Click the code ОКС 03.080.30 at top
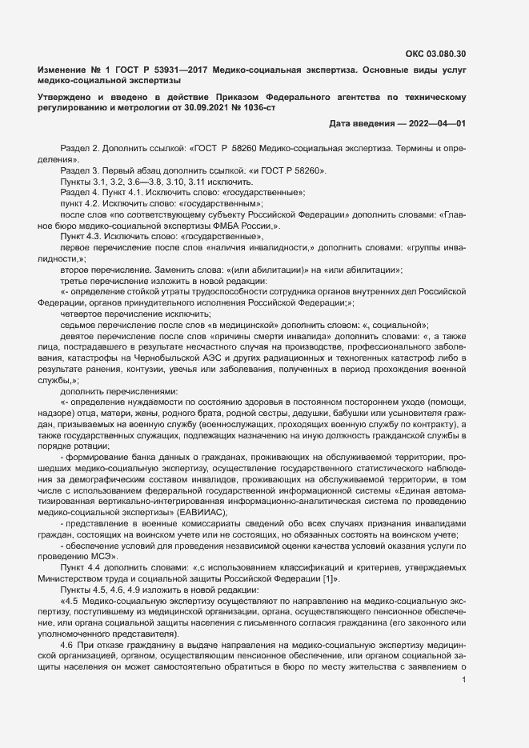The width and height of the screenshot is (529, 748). pos(436,54)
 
